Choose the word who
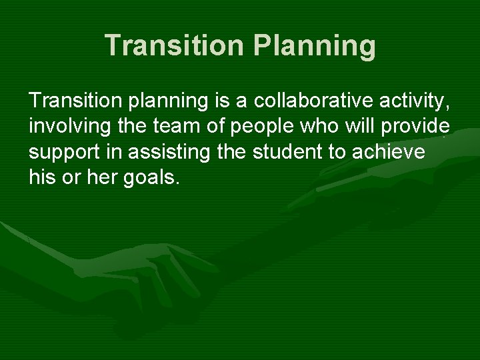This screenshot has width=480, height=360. click(x=306, y=127)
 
